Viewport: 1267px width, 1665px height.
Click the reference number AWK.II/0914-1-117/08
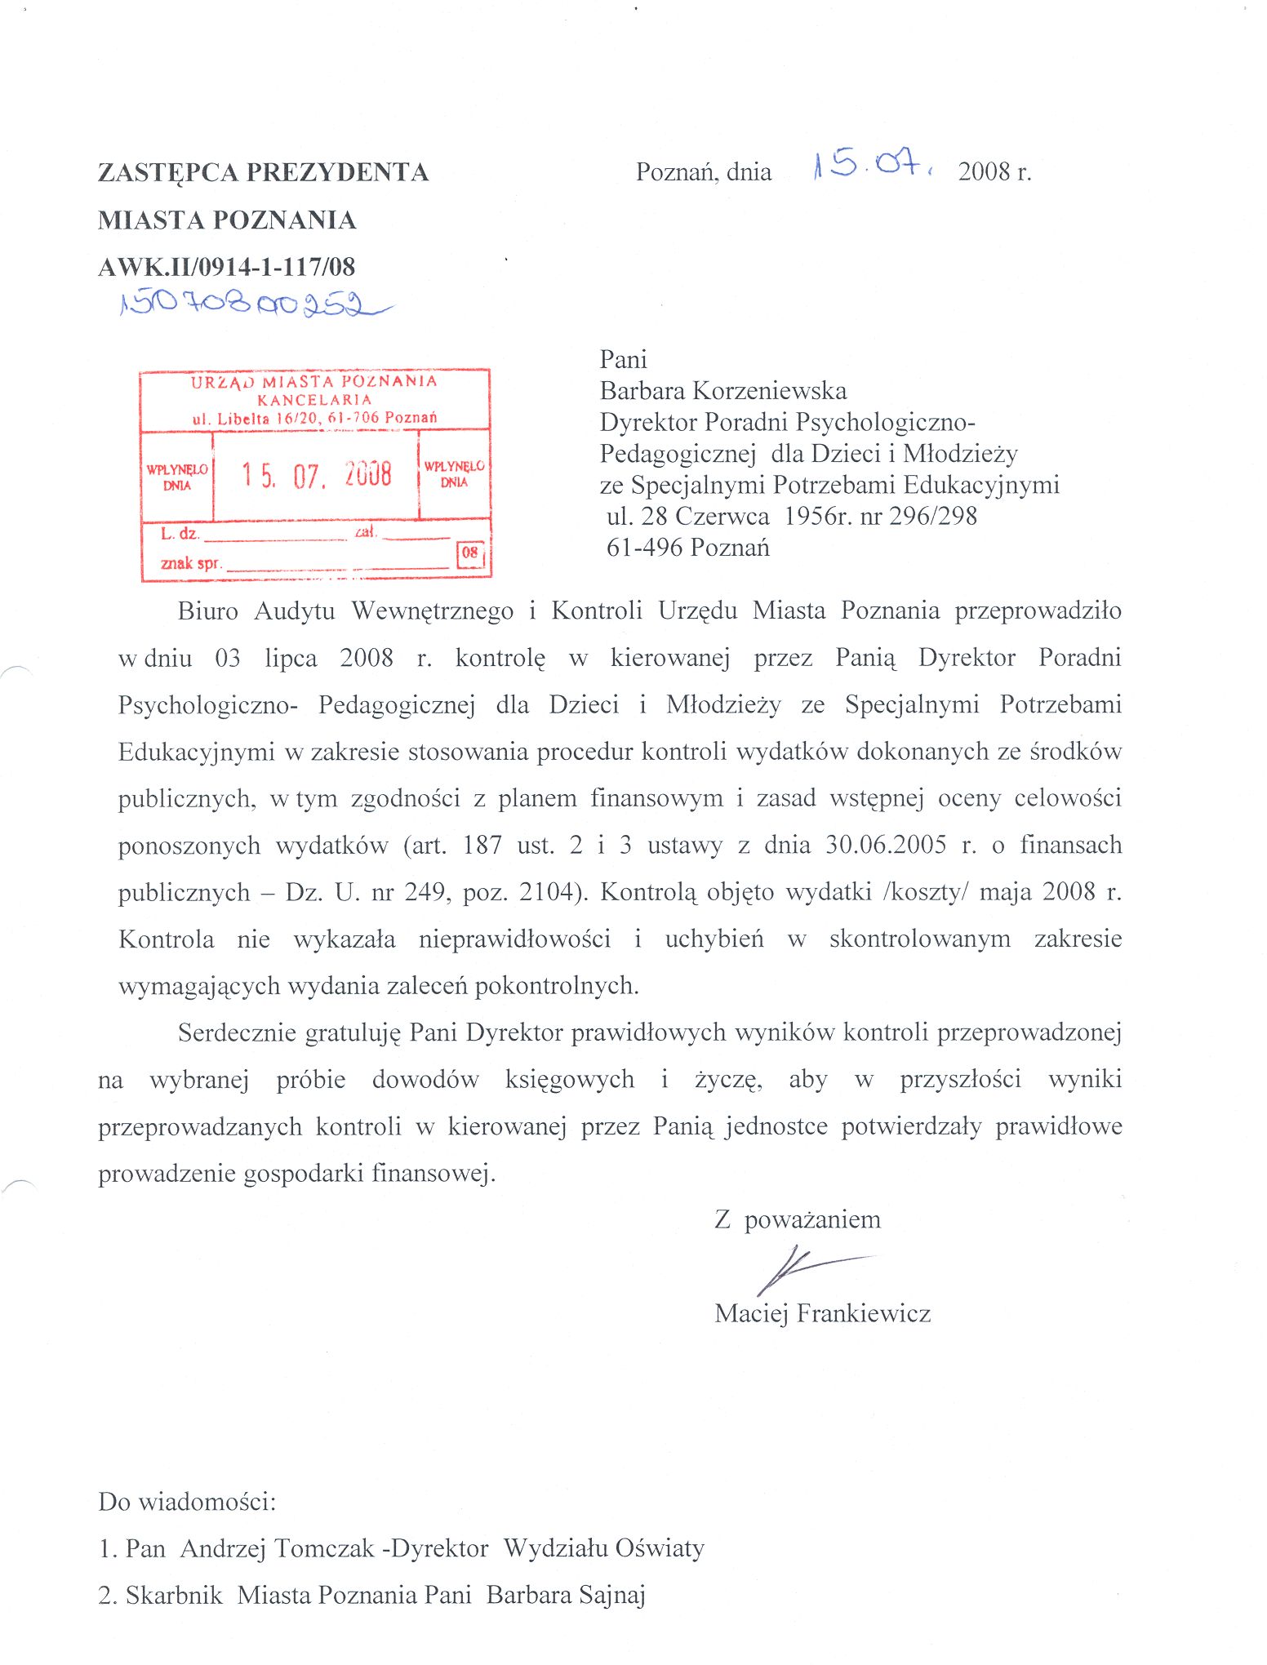[x=226, y=267]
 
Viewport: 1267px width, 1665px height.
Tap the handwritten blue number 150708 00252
[x=249, y=304]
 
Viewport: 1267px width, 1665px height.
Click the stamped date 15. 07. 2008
[x=316, y=474]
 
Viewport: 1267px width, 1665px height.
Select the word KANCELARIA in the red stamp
[x=314, y=400]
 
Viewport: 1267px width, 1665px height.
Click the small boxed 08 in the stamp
[x=470, y=553]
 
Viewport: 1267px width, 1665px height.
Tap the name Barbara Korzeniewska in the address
[x=723, y=391]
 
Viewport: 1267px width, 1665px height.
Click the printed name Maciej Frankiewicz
[x=822, y=1313]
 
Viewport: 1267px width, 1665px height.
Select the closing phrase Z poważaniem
[x=798, y=1219]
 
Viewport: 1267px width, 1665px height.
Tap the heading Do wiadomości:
[x=187, y=1501]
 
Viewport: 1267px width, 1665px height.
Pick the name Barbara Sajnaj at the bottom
[x=566, y=1595]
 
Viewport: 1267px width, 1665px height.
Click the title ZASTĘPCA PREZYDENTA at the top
[x=263, y=172]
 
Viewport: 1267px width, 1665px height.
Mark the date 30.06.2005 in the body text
[x=886, y=845]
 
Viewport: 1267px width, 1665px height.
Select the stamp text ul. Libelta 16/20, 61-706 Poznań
[x=314, y=419]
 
